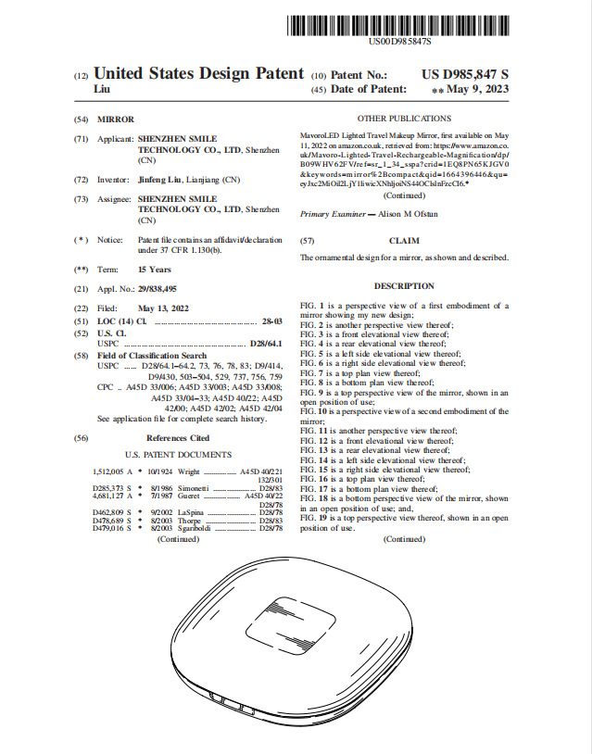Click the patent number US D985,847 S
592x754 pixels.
click(465, 74)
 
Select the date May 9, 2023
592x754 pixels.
click(477, 90)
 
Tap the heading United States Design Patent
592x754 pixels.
click(199, 73)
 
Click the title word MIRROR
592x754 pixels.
click(116, 120)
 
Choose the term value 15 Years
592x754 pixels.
click(155, 269)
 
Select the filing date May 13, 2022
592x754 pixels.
click(163, 308)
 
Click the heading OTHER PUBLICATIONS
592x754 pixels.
click(404, 119)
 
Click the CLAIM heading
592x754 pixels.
click(404, 240)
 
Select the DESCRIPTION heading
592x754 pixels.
click(404, 286)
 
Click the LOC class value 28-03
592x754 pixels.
click(271, 320)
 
